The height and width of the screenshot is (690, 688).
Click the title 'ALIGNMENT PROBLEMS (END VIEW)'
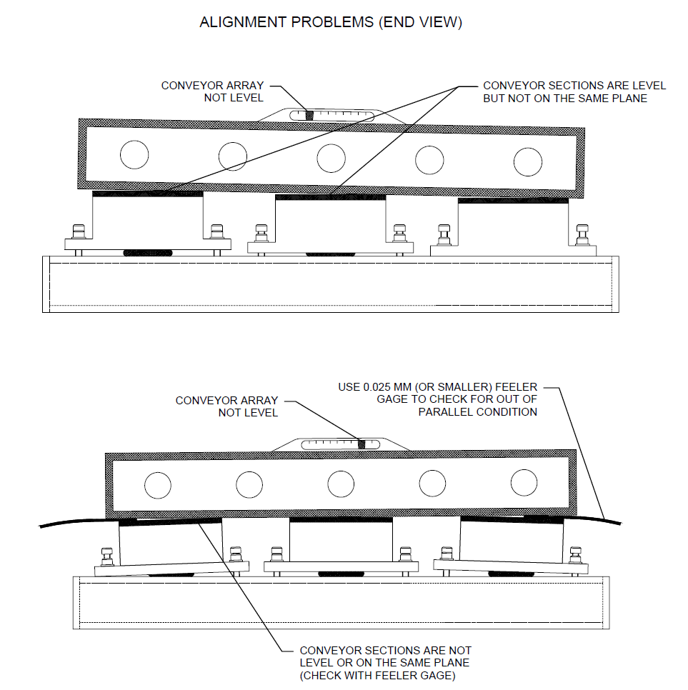(x=331, y=22)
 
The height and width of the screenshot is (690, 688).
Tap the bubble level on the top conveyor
(x=331, y=114)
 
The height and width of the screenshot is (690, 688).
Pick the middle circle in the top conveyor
(x=331, y=157)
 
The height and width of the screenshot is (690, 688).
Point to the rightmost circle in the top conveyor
(x=528, y=161)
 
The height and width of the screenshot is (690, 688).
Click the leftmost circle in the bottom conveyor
(x=157, y=486)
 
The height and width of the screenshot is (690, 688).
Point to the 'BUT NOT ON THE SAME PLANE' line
(x=565, y=99)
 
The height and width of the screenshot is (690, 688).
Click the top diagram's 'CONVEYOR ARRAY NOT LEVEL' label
(x=212, y=91)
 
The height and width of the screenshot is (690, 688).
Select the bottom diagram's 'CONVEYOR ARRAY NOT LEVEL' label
(x=226, y=406)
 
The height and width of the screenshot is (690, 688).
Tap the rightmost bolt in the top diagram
(x=584, y=234)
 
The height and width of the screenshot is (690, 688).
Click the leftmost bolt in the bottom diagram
(x=107, y=555)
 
